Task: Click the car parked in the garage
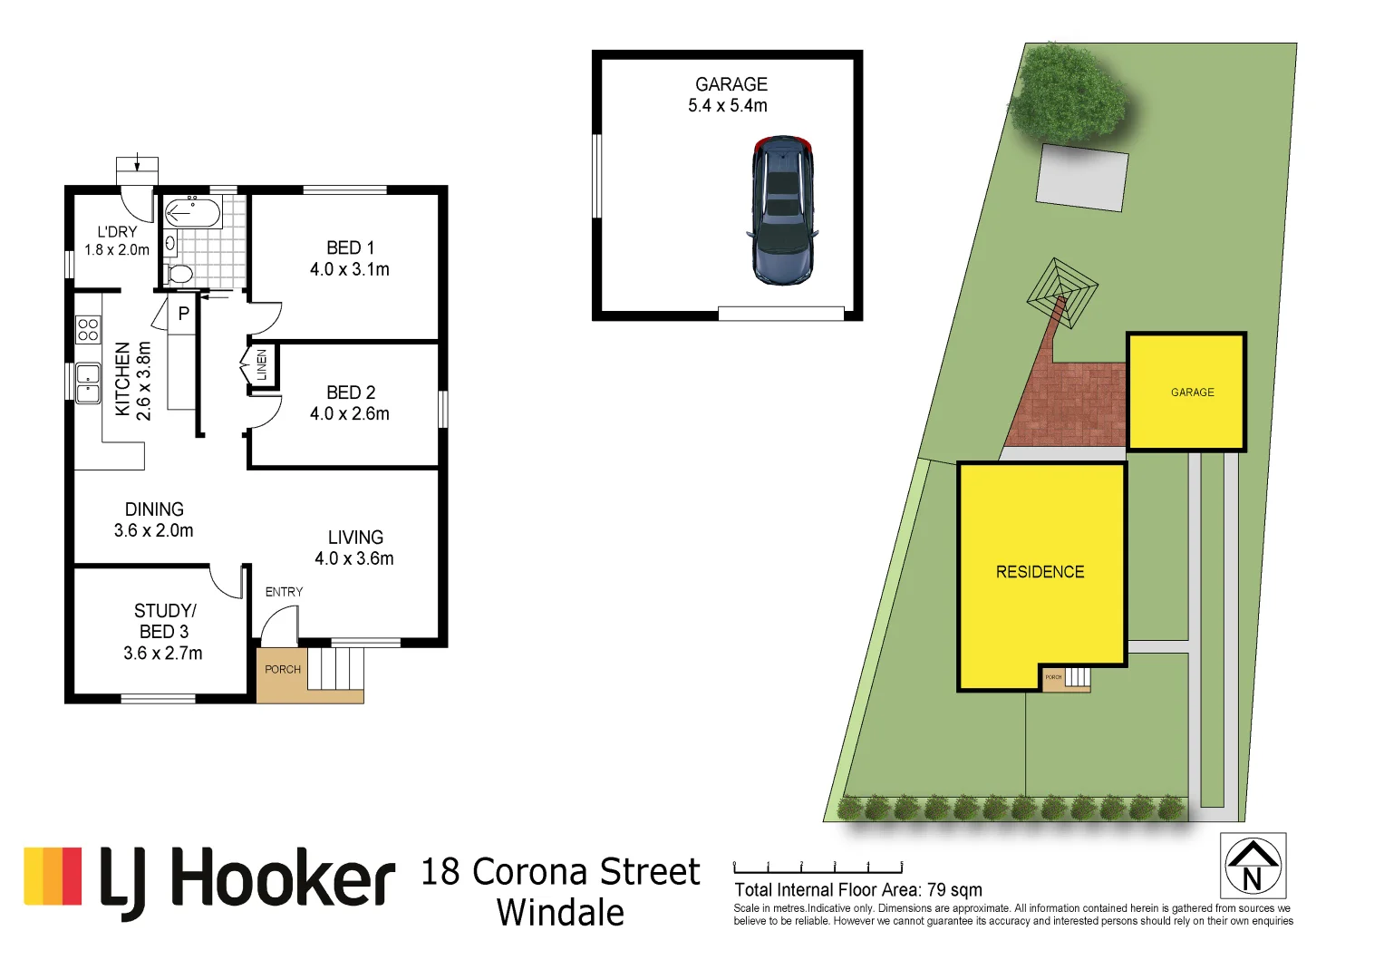(x=782, y=211)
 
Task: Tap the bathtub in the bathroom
(x=192, y=214)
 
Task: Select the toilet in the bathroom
(x=180, y=273)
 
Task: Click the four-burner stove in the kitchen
(x=88, y=330)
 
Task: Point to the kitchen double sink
(x=88, y=383)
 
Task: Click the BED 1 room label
(x=350, y=247)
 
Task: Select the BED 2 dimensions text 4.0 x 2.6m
(x=350, y=413)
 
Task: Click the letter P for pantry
(x=183, y=315)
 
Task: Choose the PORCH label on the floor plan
(x=282, y=670)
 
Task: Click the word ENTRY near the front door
(x=284, y=592)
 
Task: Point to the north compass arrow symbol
(x=1253, y=867)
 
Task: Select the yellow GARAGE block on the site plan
(x=1187, y=392)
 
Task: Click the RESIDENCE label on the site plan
(x=1040, y=572)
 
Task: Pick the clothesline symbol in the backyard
(x=1061, y=294)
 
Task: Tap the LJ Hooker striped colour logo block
(x=53, y=876)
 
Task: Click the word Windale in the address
(x=560, y=913)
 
